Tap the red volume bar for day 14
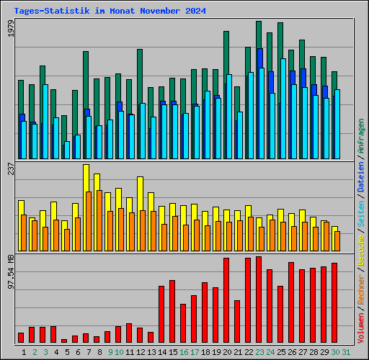(x=161, y=314)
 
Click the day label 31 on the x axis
(x=346, y=351)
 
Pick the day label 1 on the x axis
(x=25, y=351)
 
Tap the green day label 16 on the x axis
(x=184, y=351)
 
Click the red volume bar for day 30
(x=334, y=302)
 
